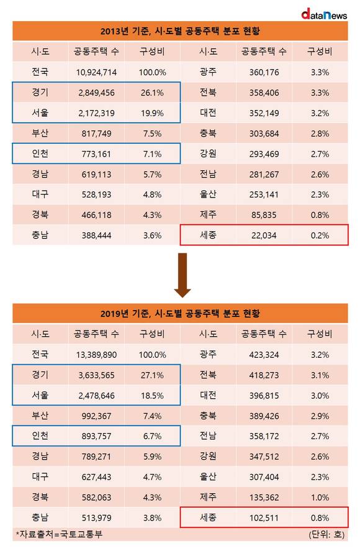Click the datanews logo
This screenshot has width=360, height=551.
[x=324, y=14]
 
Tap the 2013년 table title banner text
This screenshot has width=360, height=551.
[x=180, y=31]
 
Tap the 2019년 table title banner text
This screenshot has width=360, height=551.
[x=180, y=314]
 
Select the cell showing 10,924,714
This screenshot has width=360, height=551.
[x=96, y=73]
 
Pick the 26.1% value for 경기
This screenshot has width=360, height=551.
[x=153, y=93]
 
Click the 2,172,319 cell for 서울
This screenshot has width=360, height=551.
[x=96, y=113]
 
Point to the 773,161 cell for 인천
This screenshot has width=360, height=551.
[x=96, y=154]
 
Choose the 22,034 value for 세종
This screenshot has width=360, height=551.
[x=264, y=235]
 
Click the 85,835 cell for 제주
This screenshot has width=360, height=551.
[x=264, y=215]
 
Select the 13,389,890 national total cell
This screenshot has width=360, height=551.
[x=96, y=355]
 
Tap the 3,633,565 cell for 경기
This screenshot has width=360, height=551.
[x=96, y=375]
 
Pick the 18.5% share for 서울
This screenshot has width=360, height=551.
[x=153, y=396]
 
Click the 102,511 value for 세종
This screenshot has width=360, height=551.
[x=264, y=518]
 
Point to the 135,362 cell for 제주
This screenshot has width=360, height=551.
[x=264, y=498]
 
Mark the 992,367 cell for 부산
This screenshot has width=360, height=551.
[x=96, y=416]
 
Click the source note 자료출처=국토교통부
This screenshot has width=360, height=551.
[x=59, y=534]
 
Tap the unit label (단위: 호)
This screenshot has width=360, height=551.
[x=326, y=534]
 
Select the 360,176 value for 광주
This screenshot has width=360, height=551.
[x=264, y=73]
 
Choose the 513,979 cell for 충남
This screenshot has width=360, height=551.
[x=96, y=518]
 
